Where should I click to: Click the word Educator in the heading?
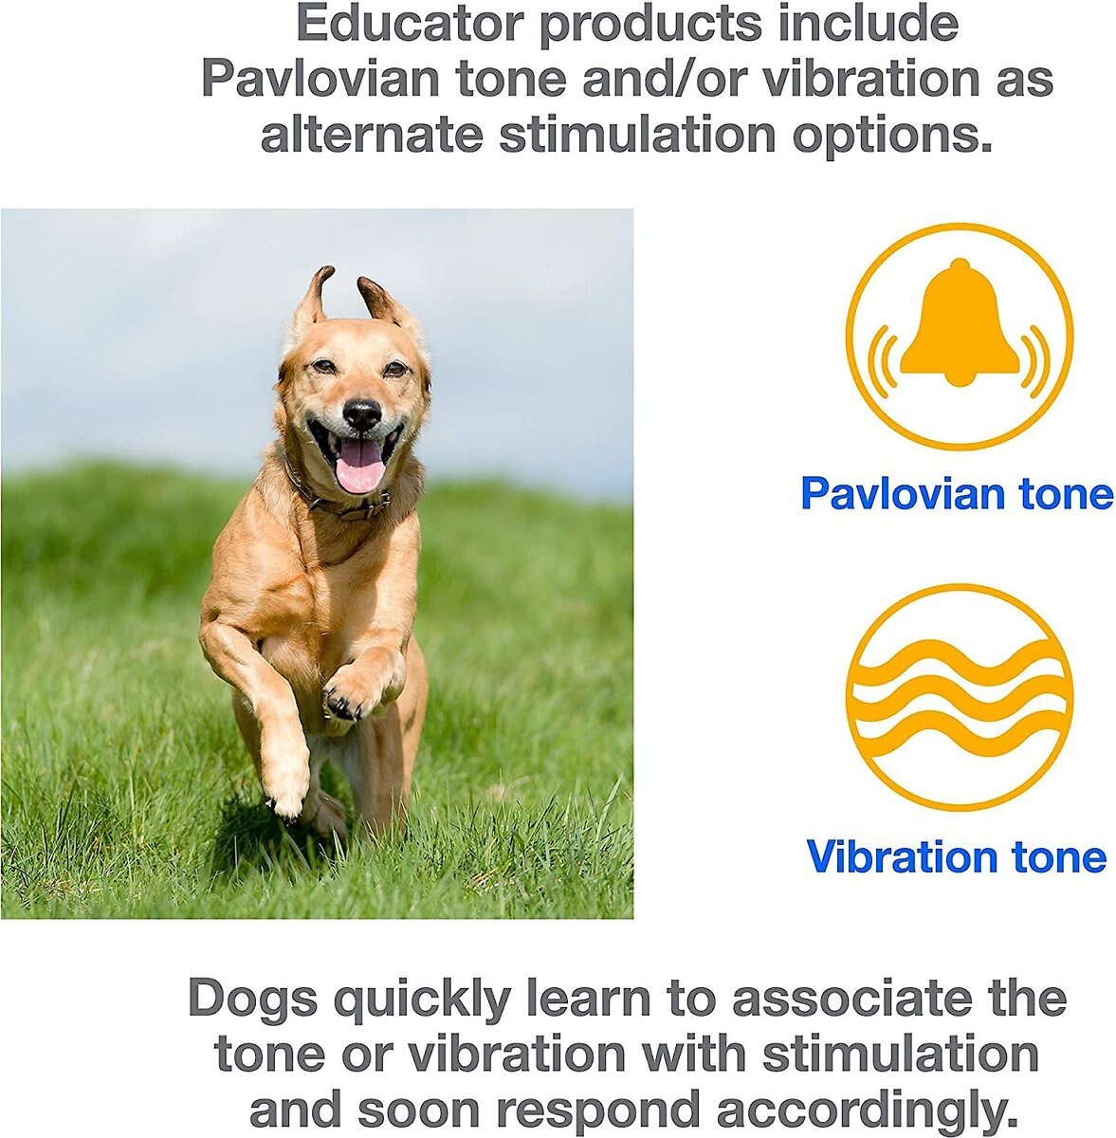click(410, 24)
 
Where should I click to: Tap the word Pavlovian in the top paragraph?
click(320, 79)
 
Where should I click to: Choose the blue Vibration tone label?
click(956, 856)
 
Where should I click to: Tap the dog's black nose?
click(361, 413)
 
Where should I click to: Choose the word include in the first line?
click(868, 24)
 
